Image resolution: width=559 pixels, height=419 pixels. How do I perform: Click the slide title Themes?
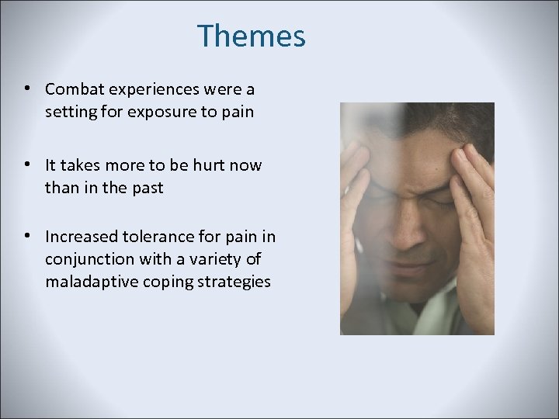pos(251,36)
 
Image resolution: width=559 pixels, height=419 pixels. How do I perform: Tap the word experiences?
pos(158,90)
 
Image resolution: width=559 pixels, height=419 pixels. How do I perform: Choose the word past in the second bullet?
pos(146,188)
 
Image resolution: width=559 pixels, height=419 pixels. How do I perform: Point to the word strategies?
pos(234,281)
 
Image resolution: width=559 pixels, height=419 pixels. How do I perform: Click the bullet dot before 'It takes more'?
pos(27,164)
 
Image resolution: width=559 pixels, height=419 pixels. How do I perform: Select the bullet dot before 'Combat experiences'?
pos(27,88)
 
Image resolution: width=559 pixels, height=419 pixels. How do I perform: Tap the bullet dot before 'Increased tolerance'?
pos(27,234)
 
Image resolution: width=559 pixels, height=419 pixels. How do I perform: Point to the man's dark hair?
pos(419,116)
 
